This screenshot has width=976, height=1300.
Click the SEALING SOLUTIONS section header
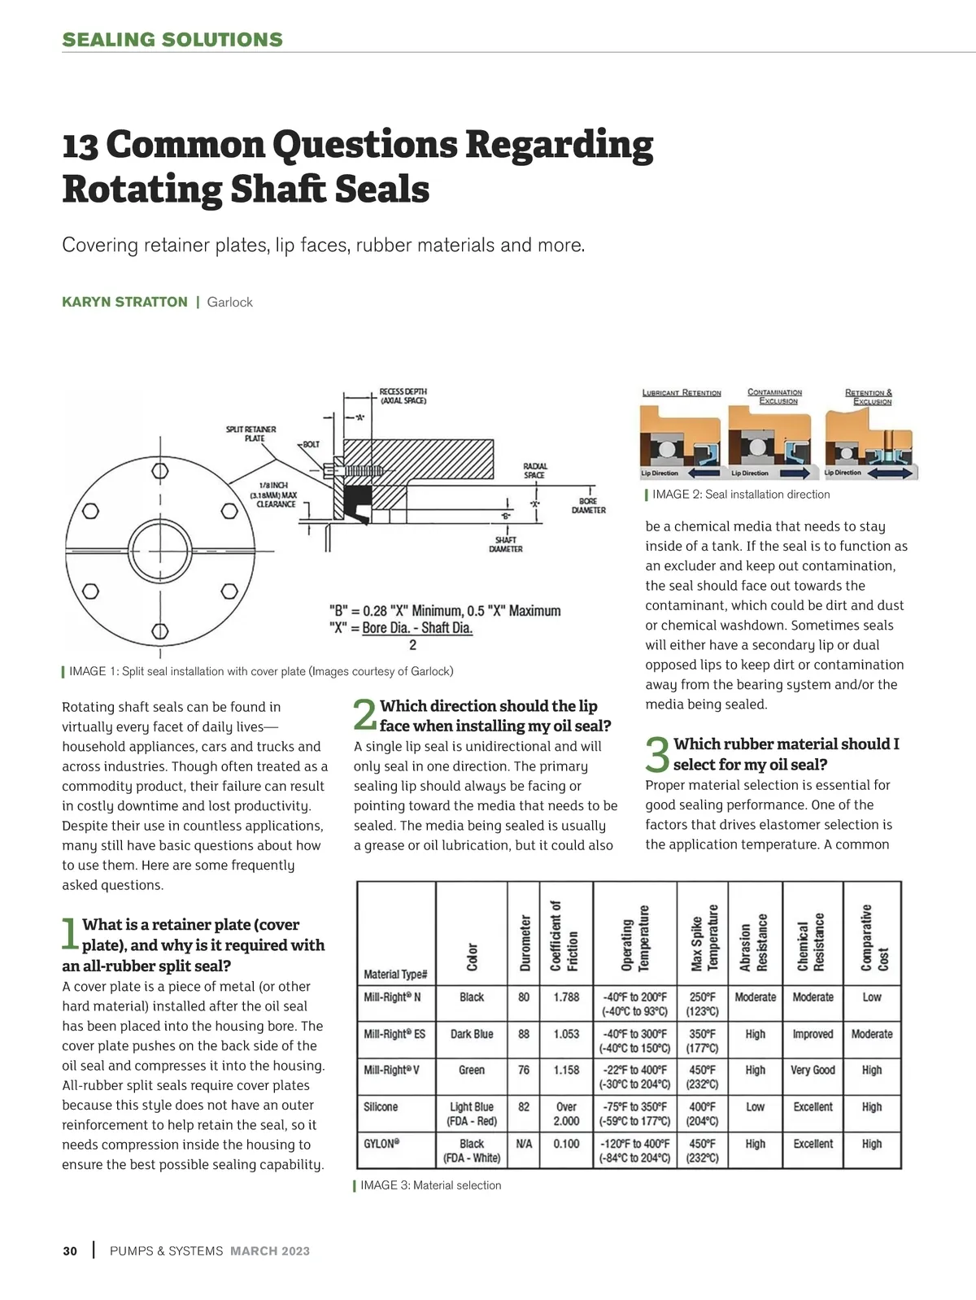(x=172, y=40)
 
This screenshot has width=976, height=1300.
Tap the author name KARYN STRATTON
(x=124, y=302)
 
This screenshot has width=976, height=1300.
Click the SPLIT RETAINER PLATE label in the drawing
(x=251, y=434)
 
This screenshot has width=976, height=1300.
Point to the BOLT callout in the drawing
(x=310, y=444)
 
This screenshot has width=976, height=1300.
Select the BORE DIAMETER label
(x=588, y=505)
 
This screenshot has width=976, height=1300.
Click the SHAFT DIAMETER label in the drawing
(x=505, y=544)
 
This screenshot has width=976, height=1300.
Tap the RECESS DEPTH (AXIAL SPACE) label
(x=403, y=396)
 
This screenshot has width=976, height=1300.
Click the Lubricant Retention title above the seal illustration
(x=682, y=393)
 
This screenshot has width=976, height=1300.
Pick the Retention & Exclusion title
(x=869, y=396)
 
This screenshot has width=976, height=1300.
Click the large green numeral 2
(x=365, y=716)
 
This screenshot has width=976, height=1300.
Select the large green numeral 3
(x=657, y=755)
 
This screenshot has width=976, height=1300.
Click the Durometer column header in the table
(x=525, y=942)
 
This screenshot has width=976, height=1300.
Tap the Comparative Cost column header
(x=874, y=938)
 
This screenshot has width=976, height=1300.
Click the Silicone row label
(x=381, y=1106)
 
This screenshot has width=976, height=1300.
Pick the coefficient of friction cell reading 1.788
(x=566, y=997)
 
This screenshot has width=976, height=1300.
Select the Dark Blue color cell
(x=472, y=1034)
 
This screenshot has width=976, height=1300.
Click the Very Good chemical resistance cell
(x=813, y=1070)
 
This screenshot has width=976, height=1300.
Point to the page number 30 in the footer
(x=70, y=1251)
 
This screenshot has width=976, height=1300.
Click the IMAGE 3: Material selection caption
(x=430, y=1185)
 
